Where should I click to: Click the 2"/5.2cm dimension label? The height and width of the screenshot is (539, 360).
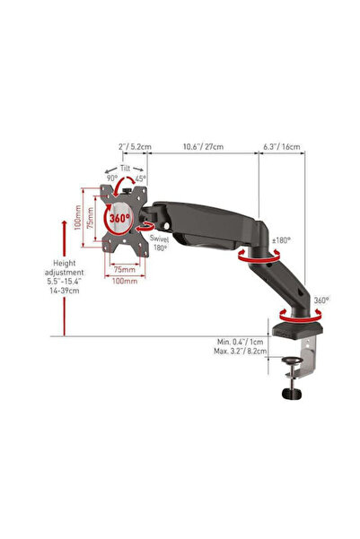(x=135, y=146)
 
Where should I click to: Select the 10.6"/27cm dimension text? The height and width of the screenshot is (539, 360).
(x=203, y=146)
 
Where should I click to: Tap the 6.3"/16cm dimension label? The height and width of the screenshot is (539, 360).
(x=282, y=146)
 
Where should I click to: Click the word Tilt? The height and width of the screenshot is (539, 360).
(x=126, y=168)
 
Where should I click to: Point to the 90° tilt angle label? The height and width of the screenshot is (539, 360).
(x=112, y=178)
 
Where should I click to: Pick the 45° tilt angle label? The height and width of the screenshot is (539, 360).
(x=140, y=178)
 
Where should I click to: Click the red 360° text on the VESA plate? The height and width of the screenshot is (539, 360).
(x=119, y=218)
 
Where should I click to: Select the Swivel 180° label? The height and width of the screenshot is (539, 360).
(x=159, y=243)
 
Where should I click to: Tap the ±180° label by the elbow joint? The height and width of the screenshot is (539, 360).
(x=281, y=240)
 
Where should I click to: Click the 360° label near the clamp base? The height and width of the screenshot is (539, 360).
(x=321, y=300)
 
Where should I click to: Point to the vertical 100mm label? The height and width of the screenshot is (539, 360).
(x=77, y=217)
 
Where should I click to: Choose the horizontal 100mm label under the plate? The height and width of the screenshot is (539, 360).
(x=125, y=281)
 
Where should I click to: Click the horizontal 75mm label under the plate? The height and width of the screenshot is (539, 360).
(x=125, y=269)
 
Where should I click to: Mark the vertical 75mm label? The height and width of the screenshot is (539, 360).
(x=90, y=218)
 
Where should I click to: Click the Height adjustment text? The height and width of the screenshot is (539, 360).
(x=65, y=268)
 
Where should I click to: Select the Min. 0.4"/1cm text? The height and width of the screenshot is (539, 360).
(x=240, y=342)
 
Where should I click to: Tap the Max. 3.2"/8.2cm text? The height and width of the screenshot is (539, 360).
(x=240, y=351)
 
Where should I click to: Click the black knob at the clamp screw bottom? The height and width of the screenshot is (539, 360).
(x=292, y=394)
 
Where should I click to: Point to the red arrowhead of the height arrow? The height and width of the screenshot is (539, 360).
(x=65, y=223)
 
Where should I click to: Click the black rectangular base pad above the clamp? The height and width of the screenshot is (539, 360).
(x=298, y=330)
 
